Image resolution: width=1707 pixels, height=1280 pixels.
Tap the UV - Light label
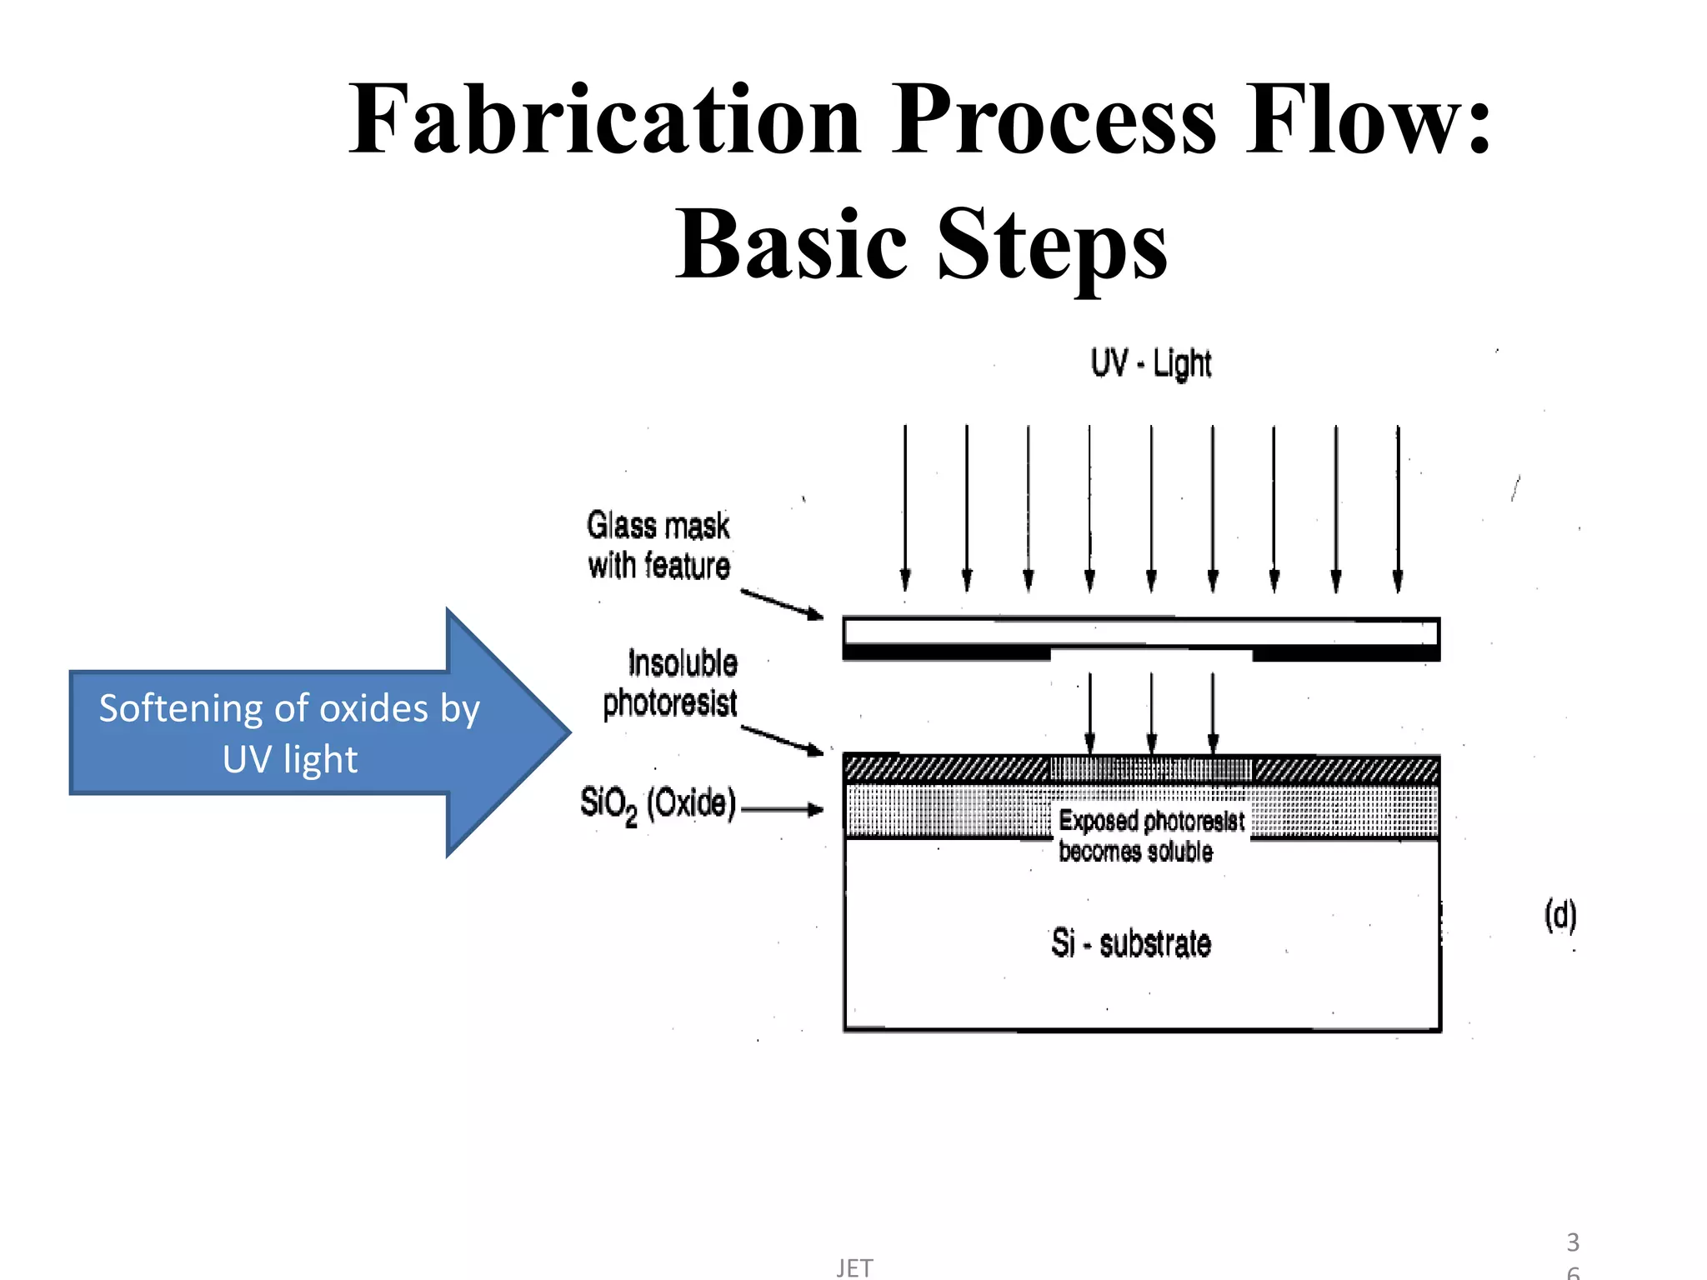[x=1150, y=363]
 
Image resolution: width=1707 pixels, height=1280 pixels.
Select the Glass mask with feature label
[x=658, y=546]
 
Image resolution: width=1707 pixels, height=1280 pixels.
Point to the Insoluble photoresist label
[x=670, y=683]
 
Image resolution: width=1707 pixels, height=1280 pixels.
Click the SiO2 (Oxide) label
[x=658, y=804]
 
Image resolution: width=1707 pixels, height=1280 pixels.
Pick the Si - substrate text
[x=1131, y=943]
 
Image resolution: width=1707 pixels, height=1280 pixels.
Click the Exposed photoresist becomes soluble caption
[x=1150, y=836]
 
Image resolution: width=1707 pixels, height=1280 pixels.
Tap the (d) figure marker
[x=1560, y=915]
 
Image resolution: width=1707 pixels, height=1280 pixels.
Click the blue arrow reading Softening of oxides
[x=317, y=732]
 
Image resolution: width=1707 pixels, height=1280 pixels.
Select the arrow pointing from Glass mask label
[x=781, y=604]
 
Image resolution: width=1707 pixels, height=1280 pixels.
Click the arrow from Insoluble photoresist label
[x=781, y=739]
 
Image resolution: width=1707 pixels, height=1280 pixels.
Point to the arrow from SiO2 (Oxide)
[x=781, y=808]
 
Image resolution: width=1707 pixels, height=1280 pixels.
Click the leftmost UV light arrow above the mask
[x=905, y=508]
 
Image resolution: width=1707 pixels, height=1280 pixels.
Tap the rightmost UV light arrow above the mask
[x=1398, y=508]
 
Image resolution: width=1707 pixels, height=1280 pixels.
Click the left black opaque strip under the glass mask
[x=946, y=652]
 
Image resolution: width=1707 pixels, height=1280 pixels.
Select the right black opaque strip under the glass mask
[x=1346, y=654]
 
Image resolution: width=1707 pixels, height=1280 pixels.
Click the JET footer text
[x=854, y=1267]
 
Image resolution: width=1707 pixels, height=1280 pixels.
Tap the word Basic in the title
[x=790, y=244]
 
